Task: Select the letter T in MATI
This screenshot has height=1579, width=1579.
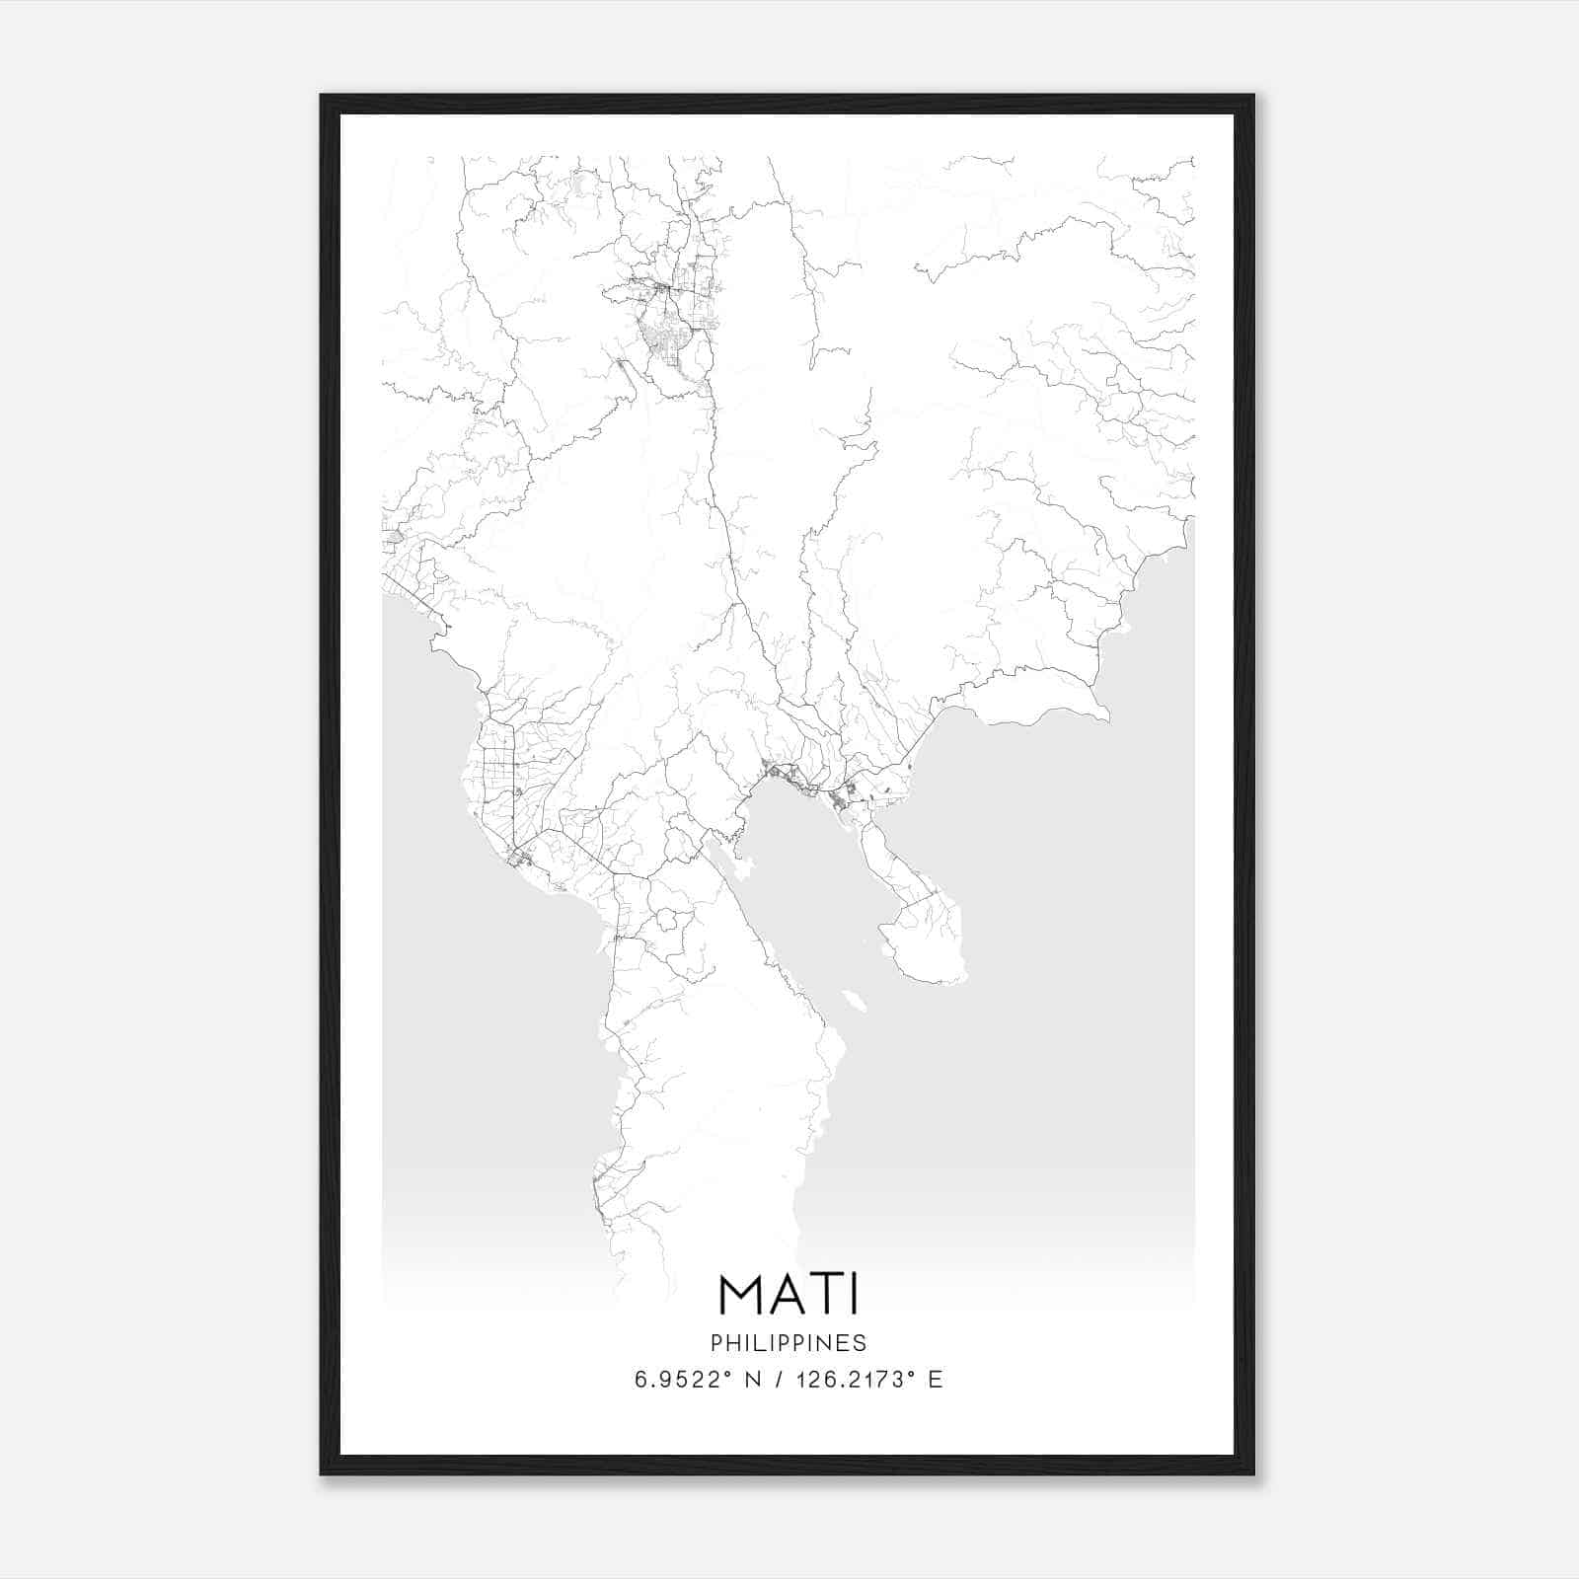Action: coord(827,1294)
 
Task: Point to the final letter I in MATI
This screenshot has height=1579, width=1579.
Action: coord(854,1294)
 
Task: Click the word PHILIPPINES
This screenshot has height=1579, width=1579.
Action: coord(789,1343)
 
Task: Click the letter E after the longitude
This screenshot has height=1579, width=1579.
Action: coord(935,1380)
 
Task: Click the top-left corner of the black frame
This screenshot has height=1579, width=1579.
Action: coord(322,97)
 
